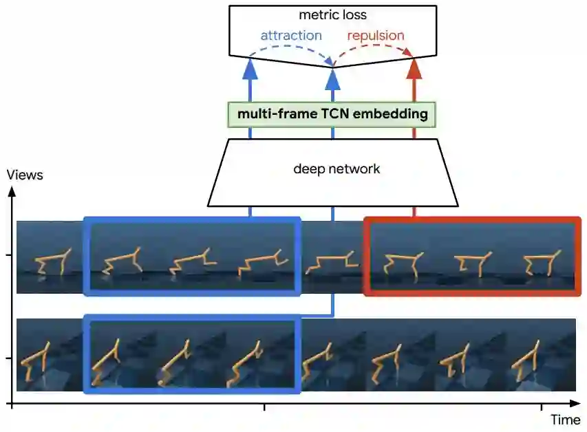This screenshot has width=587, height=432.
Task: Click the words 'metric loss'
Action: click(x=332, y=14)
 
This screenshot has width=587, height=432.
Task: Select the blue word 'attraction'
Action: click(x=290, y=35)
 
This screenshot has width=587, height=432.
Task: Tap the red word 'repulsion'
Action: click(x=376, y=35)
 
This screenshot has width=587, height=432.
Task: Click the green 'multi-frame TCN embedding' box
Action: click(x=332, y=114)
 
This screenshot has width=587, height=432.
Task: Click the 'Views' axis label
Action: click(x=25, y=175)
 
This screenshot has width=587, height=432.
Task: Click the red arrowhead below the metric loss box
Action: click(x=414, y=67)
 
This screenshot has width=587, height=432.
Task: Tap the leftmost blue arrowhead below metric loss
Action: click(x=250, y=67)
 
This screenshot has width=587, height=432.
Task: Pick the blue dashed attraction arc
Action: click(x=292, y=50)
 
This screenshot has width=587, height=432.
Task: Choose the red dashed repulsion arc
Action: click(x=375, y=50)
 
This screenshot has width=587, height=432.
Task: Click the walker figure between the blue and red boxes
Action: click(x=332, y=262)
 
